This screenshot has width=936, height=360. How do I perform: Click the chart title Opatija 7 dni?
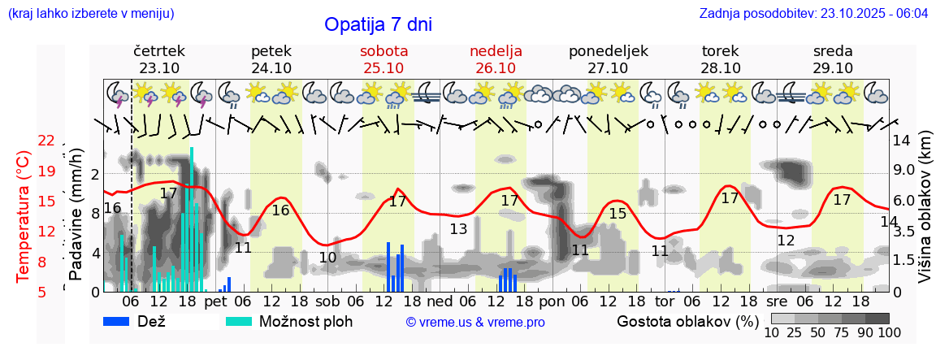point(378,24)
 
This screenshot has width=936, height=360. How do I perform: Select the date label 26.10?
point(496,68)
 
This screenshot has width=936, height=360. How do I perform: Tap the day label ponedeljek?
point(608,51)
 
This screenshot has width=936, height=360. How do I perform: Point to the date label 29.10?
point(833,68)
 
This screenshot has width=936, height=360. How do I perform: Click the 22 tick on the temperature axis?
point(46,141)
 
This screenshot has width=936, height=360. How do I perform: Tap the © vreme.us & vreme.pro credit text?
point(475,322)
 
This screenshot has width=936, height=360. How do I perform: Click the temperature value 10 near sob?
point(327,258)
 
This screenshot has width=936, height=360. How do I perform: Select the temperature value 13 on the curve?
point(458,229)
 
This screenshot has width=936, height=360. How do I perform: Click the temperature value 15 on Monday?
point(617,214)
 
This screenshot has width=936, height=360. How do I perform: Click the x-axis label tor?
point(664,301)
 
